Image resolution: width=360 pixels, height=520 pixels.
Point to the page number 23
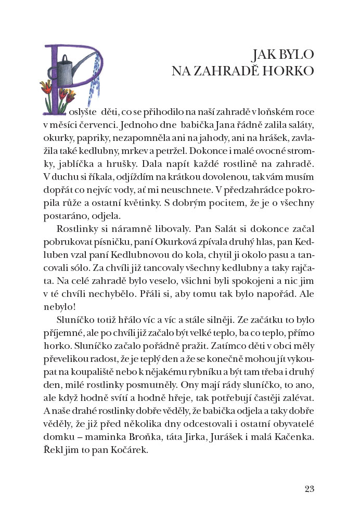[x=310, y=488]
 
